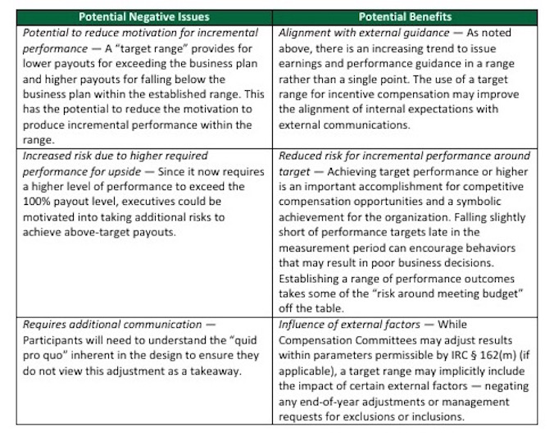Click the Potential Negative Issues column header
(144, 16)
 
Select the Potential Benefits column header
(405, 16)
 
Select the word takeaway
(216, 371)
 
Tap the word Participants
(53, 339)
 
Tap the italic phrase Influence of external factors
(352, 324)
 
